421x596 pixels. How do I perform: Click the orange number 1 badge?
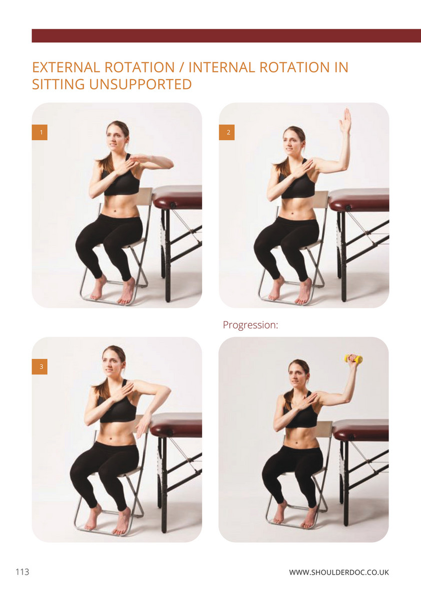(x=40, y=132)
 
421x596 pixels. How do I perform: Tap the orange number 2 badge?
(x=227, y=132)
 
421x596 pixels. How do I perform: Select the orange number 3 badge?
(x=40, y=367)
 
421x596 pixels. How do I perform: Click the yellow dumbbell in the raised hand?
(x=353, y=358)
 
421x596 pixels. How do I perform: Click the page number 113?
(x=23, y=571)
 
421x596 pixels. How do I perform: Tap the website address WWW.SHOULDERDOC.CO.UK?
(x=339, y=572)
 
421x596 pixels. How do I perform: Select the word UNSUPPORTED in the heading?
(x=141, y=84)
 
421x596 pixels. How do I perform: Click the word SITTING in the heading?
(x=58, y=84)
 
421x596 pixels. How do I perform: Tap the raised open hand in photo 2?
(x=345, y=121)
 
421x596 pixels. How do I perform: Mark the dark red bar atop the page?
(x=226, y=36)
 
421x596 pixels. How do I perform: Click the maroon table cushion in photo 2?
(x=359, y=200)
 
